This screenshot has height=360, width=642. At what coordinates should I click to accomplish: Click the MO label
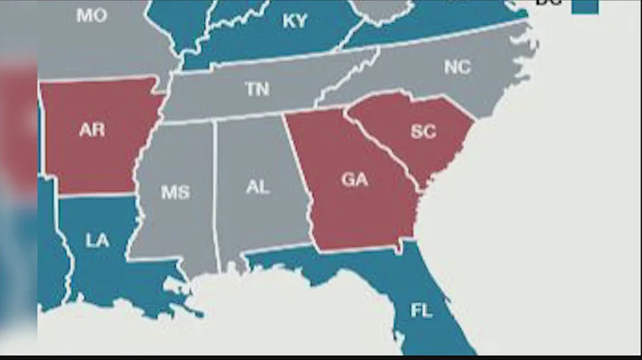(91, 15)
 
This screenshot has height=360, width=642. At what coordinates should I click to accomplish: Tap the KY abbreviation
(294, 21)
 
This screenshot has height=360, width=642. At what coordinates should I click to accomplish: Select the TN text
(258, 89)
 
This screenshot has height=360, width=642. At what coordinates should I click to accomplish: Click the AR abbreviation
(92, 130)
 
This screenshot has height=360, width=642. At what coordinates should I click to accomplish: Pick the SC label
(423, 131)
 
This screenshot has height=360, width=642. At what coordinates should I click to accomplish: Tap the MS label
(176, 192)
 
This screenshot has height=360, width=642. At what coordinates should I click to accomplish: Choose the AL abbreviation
(257, 187)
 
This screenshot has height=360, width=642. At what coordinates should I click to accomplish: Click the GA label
(354, 179)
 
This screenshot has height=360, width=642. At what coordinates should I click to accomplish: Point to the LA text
(97, 240)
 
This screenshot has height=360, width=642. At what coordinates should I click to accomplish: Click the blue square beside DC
(585, 4)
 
